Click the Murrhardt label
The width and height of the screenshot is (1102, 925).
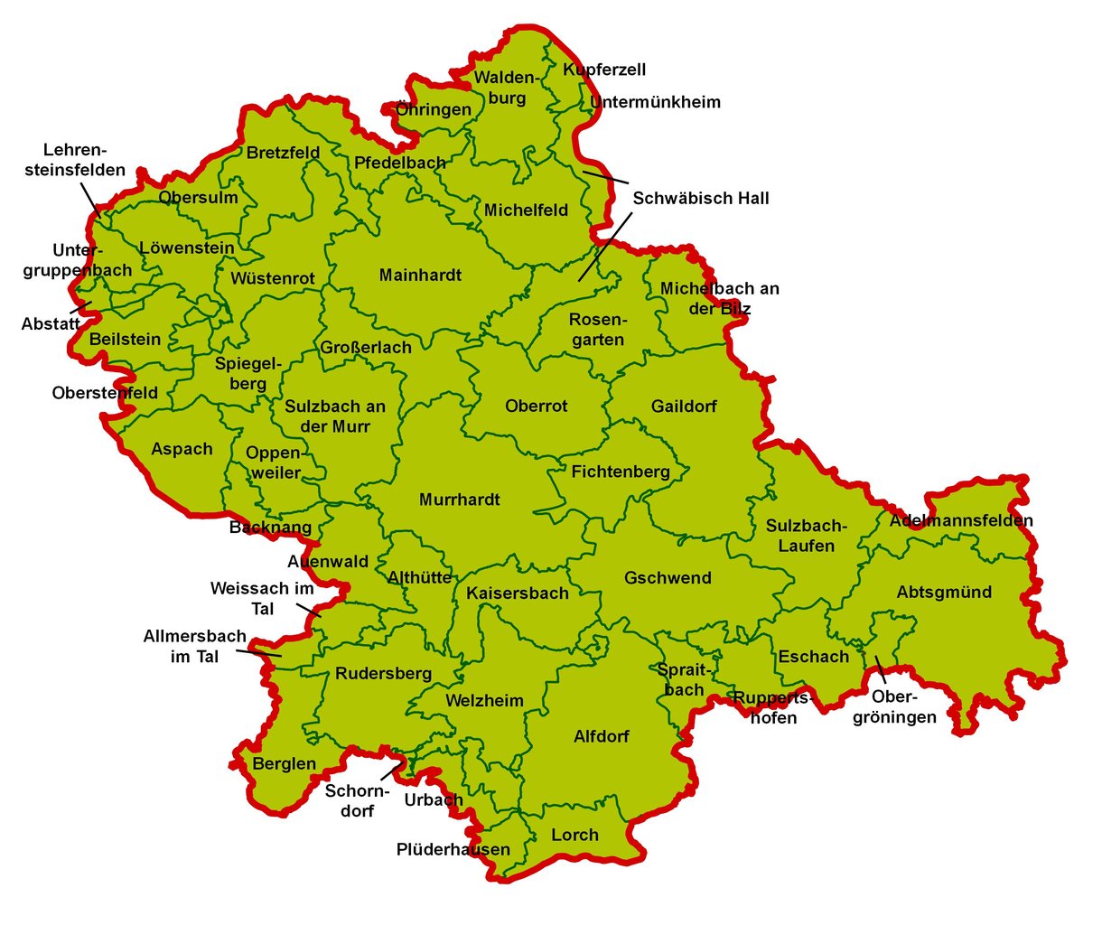(459, 500)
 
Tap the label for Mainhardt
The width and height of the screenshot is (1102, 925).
(420, 276)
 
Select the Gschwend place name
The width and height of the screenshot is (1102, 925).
(668, 578)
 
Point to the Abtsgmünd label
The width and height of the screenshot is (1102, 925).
(944, 593)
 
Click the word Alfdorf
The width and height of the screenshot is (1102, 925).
(602, 736)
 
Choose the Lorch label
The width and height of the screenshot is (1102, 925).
(574, 836)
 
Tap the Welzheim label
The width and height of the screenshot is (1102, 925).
(484, 701)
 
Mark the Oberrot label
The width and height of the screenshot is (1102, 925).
(537, 406)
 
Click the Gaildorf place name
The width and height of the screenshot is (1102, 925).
(684, 406)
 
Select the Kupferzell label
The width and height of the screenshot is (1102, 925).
(604, 70)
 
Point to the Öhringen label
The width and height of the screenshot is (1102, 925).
(434, 110)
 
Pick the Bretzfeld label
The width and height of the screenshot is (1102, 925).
(283, 153)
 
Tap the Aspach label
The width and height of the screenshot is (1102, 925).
(182, 449)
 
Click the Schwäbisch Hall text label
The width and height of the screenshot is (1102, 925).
(701, 198)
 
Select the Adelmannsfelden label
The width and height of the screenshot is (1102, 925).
(961, 520)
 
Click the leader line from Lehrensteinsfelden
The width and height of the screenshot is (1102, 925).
(89, 198)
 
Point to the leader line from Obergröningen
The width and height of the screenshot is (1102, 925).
(879, 668)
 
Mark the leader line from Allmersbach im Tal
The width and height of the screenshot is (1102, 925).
(263, 651)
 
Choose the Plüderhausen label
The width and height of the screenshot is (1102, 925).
(453, 849)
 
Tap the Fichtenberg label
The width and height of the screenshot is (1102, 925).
(621, 472)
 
